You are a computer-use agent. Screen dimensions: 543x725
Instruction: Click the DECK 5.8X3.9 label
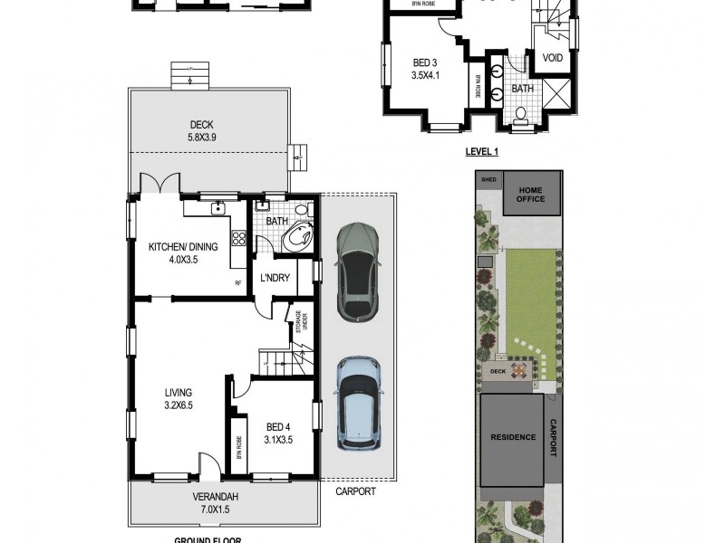[202, 130]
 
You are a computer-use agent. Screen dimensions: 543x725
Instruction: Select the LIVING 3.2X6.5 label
[179, 398]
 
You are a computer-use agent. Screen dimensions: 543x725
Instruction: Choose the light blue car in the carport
[358, 402]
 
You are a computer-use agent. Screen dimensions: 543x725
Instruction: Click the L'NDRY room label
[275, 278]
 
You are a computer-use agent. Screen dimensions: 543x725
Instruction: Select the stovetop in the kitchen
[239, 239]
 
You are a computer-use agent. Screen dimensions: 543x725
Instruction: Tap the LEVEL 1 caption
[482, 152]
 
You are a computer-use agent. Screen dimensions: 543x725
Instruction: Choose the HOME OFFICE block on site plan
[531, 194]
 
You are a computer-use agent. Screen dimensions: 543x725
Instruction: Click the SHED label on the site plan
[489, 179]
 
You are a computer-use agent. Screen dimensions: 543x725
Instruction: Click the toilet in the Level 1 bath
[521, 116]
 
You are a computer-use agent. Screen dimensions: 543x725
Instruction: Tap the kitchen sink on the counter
[217, 209]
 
